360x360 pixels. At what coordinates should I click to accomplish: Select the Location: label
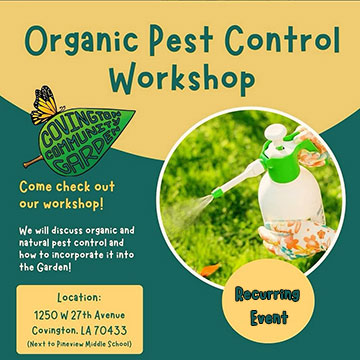(x=78, y=297)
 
